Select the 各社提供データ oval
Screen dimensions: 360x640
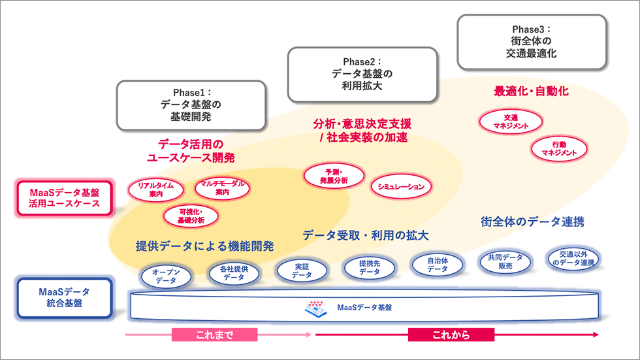click(233, 273)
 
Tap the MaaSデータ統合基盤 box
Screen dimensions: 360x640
click(62, 298)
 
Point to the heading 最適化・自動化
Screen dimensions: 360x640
click(531, 91)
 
